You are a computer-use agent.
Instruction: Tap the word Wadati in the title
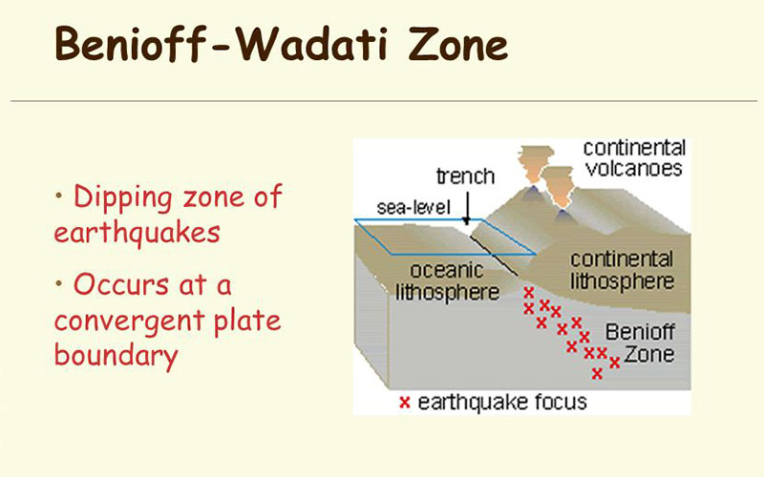[x=312, y=44]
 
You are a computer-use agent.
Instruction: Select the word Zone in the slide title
[x=458, y=45]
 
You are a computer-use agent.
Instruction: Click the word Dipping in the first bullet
[x=123, y=198]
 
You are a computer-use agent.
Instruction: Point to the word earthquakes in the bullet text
[x=138, y=232]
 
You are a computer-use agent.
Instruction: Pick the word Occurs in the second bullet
[x=122, y=284]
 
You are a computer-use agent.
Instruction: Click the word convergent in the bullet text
[x=130, y=321]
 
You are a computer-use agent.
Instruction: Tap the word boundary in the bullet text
[x=116, y=355]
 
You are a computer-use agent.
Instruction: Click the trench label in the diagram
[x=465, y=176]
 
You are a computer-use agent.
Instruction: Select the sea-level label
[x=414, y=208]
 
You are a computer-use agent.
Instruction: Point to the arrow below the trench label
[x=467, y=208]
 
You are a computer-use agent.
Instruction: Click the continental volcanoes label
[x=634, y=158]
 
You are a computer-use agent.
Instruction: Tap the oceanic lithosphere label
[x=447, y=281]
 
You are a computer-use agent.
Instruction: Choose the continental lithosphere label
[x=623, y=271]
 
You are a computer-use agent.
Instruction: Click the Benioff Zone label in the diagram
[x=640, y=343]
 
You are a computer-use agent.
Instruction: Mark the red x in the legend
[x=405, y=403]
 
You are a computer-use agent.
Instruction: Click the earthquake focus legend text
[x=502, y=403]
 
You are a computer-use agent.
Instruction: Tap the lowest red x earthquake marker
[x=598, y=373]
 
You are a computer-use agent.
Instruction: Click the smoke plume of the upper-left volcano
[x=536, y=165]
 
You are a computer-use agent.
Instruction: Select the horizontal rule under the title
[x=384, y=101]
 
